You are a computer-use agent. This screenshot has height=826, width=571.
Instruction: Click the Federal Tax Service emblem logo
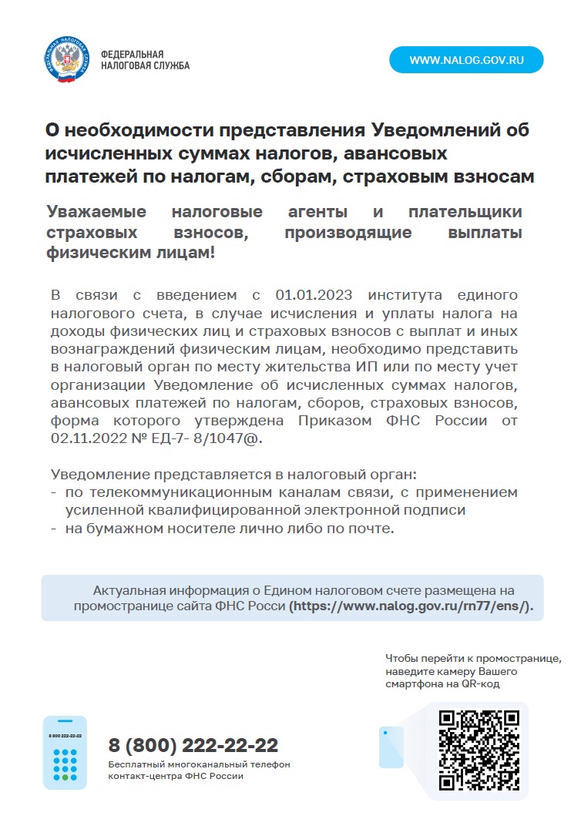coord(66,60)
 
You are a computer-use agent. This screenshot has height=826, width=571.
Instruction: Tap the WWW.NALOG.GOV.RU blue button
coord(466,59)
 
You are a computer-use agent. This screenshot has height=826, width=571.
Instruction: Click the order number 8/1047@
coord(232,438)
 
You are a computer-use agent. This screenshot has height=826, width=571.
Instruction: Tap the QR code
coord(479,750)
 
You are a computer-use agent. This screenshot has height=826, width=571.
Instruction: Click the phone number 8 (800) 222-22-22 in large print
coord(193,746)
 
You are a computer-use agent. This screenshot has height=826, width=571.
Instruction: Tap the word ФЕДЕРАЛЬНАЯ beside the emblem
coord(133,55)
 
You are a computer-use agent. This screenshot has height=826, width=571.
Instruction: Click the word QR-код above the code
coord(481,683)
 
